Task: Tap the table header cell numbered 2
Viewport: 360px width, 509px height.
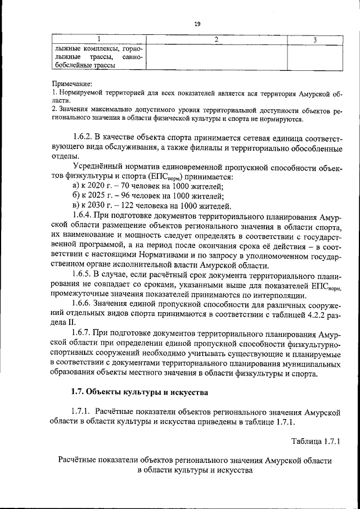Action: click(x=217, y=39)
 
